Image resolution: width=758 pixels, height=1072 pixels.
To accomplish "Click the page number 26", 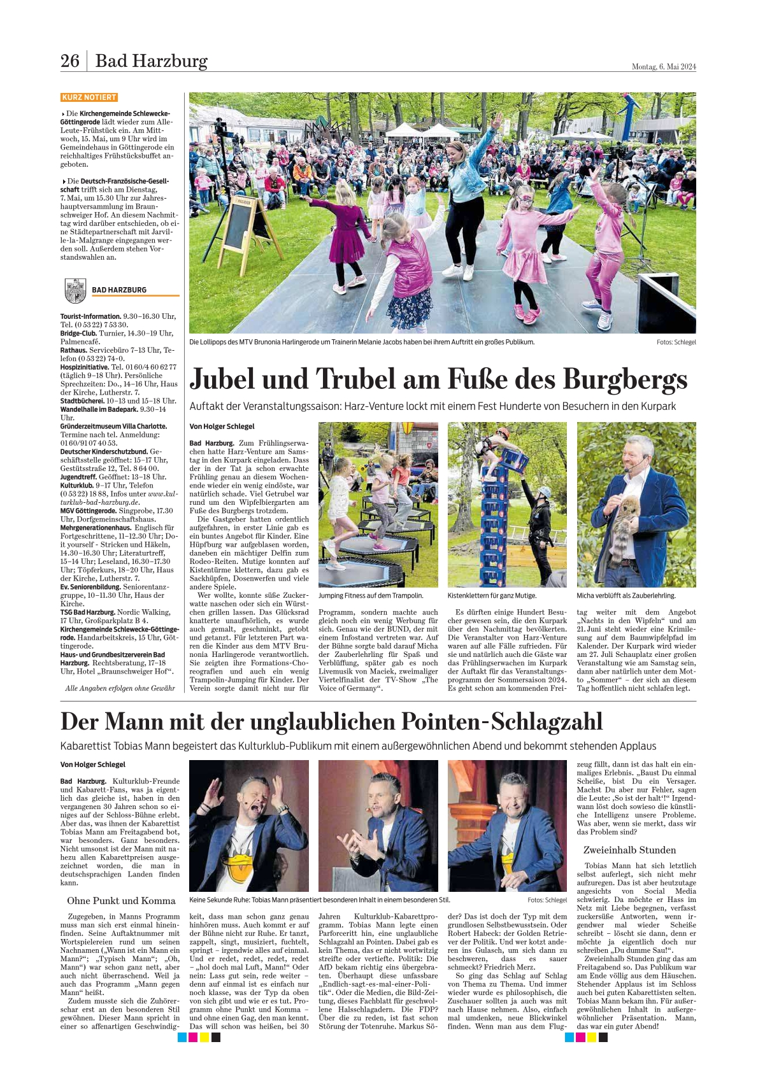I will pos(69,61).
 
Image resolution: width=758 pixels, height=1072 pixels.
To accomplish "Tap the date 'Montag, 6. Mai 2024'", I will pos(663,66).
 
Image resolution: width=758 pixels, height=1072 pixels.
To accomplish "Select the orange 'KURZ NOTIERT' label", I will pos(89,97).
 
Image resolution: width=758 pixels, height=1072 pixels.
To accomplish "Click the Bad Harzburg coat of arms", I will pos(75,290).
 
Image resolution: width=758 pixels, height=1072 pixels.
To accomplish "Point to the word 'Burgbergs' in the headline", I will pos(625,379).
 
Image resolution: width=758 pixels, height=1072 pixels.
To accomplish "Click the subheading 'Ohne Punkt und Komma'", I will pos(121,901).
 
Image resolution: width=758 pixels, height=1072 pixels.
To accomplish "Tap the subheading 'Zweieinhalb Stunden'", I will pos(629,850).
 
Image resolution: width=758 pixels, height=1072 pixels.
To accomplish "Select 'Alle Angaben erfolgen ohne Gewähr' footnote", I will pos(120,688).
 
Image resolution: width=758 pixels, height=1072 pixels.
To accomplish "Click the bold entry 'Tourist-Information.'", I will pos(90,316).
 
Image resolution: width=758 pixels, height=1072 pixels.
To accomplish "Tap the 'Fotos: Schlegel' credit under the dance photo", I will pos(676,342).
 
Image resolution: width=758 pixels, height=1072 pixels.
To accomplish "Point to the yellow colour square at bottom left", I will pos(204,1037).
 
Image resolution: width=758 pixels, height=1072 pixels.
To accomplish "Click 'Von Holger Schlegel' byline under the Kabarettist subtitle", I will pos(93,765).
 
